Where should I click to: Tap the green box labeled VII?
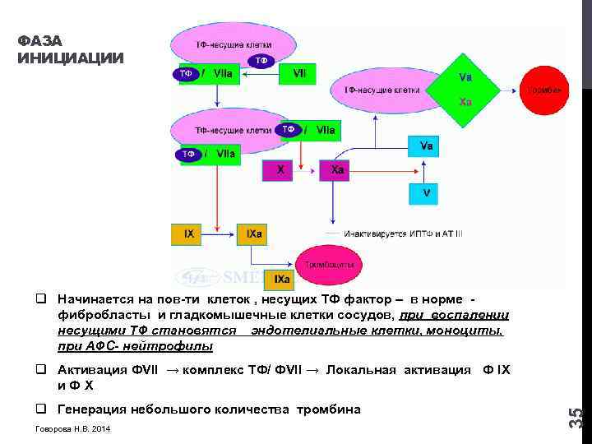click(x=300, y=73)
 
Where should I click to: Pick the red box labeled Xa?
click(x=338, y=170)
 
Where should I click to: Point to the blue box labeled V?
click(x=425, y=193)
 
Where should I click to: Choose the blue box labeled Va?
click(x=426, y=147)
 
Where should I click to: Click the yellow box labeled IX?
click(x=189, y=234)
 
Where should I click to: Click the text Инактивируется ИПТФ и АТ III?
click(x=404, y=234)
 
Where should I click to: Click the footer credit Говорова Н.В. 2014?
click(x=73, y=430)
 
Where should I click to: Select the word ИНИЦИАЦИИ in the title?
click(x=71, y=58)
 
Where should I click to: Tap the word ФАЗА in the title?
click(x=39, y=41)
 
